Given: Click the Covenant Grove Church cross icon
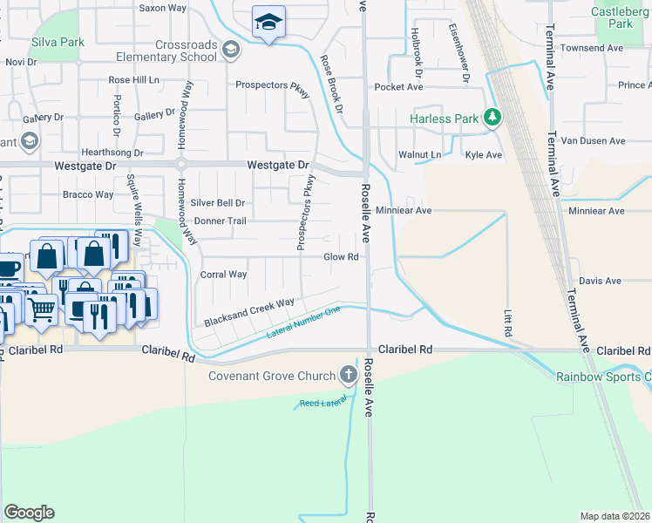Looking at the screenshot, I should click(349, 376).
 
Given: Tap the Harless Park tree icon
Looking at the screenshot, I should click(492, 117).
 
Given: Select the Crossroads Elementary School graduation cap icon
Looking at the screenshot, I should click(230, 51).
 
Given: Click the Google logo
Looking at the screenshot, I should click(29, 512).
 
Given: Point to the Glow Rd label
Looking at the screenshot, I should click(342, 257).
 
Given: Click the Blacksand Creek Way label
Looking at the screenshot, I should click(249, 313).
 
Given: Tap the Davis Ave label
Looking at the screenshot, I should click(600, 281).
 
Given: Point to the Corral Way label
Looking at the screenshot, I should click(224, 275).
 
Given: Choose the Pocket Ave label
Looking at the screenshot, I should click(398, 87).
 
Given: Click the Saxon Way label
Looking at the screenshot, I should click(163, 7).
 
